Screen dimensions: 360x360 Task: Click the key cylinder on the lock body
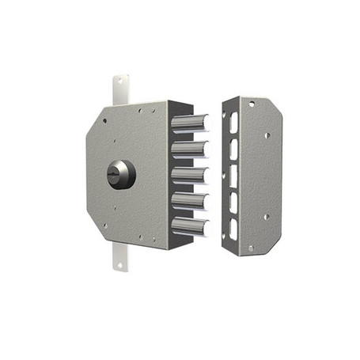(x=121, y=174)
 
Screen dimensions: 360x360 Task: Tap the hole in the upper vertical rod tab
(x=121, y=83)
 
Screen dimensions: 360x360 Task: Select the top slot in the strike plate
(x=233, y=123)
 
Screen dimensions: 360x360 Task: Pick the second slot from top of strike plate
(x=233, y=149)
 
